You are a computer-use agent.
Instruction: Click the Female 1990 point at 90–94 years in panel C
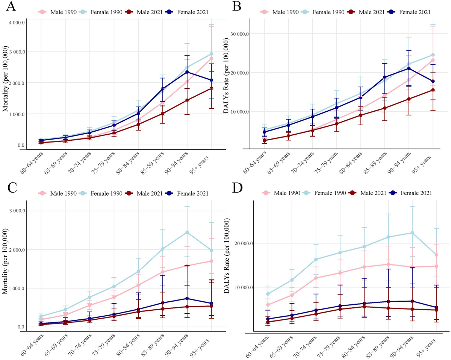187,232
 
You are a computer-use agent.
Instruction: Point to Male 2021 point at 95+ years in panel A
212,88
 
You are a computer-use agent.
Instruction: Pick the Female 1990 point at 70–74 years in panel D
316,259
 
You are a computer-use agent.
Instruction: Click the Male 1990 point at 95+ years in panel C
212,261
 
